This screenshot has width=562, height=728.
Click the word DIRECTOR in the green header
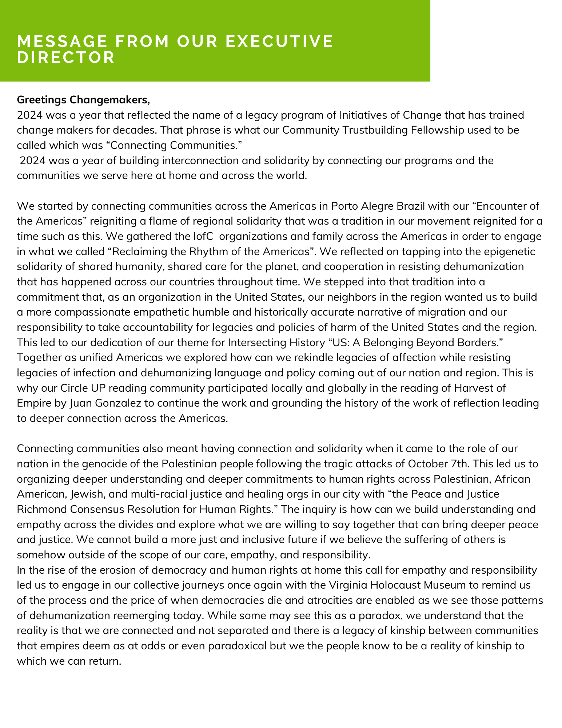click(x=66, y=58)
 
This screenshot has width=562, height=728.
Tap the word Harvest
click(x=474, y=388)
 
